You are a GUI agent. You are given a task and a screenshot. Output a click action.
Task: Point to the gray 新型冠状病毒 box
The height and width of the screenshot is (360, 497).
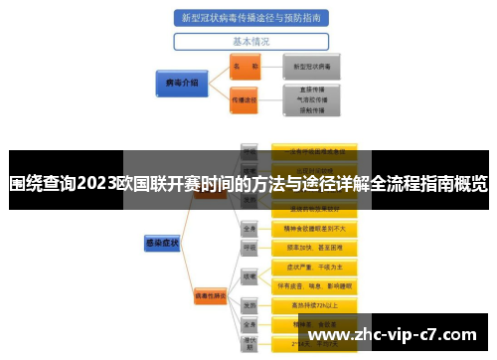point(312,66)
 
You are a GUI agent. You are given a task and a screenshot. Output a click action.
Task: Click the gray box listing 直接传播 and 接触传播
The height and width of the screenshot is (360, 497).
point(312,100)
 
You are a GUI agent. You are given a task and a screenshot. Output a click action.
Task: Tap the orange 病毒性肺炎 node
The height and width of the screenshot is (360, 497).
point(211,295)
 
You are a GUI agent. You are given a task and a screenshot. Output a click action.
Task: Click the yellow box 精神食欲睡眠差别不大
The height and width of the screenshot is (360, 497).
point(314,228)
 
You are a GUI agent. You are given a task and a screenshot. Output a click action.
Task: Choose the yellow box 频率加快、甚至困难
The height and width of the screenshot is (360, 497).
point(314,247)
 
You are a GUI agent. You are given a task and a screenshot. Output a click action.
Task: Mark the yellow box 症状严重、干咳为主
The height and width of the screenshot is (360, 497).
point(314,268)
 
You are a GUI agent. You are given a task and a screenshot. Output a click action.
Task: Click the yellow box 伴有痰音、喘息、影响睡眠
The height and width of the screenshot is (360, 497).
point(314,286)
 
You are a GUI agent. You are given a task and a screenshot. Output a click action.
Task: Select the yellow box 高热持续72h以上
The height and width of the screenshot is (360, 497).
point(314,306)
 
